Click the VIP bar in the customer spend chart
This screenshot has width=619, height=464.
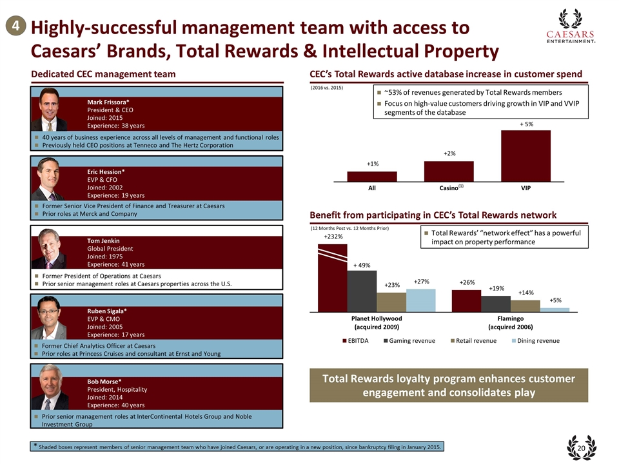(x=526, y=155)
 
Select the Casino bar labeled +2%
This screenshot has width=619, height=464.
(x=449, y=171)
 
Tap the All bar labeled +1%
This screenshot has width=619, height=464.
(x=372, y=176)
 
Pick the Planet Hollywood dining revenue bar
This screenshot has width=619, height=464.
(x=421, y=300)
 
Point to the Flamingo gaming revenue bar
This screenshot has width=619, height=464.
(x=496, y=303)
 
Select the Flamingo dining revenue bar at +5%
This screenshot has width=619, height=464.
(x=555, y=309)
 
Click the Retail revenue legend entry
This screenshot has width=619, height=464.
(x=474, y=341)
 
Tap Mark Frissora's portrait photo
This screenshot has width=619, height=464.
(x=52, y=110)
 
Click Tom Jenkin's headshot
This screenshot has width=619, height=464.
(x=53, y=250)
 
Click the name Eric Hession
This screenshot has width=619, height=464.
(x=106, y=171)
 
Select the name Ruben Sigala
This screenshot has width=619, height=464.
(x=107, y=311)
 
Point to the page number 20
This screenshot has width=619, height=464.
(x=581, y=449)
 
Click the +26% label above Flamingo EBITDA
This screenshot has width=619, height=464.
(x=467, y=282)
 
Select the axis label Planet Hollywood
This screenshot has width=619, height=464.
(x=377, y=318)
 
